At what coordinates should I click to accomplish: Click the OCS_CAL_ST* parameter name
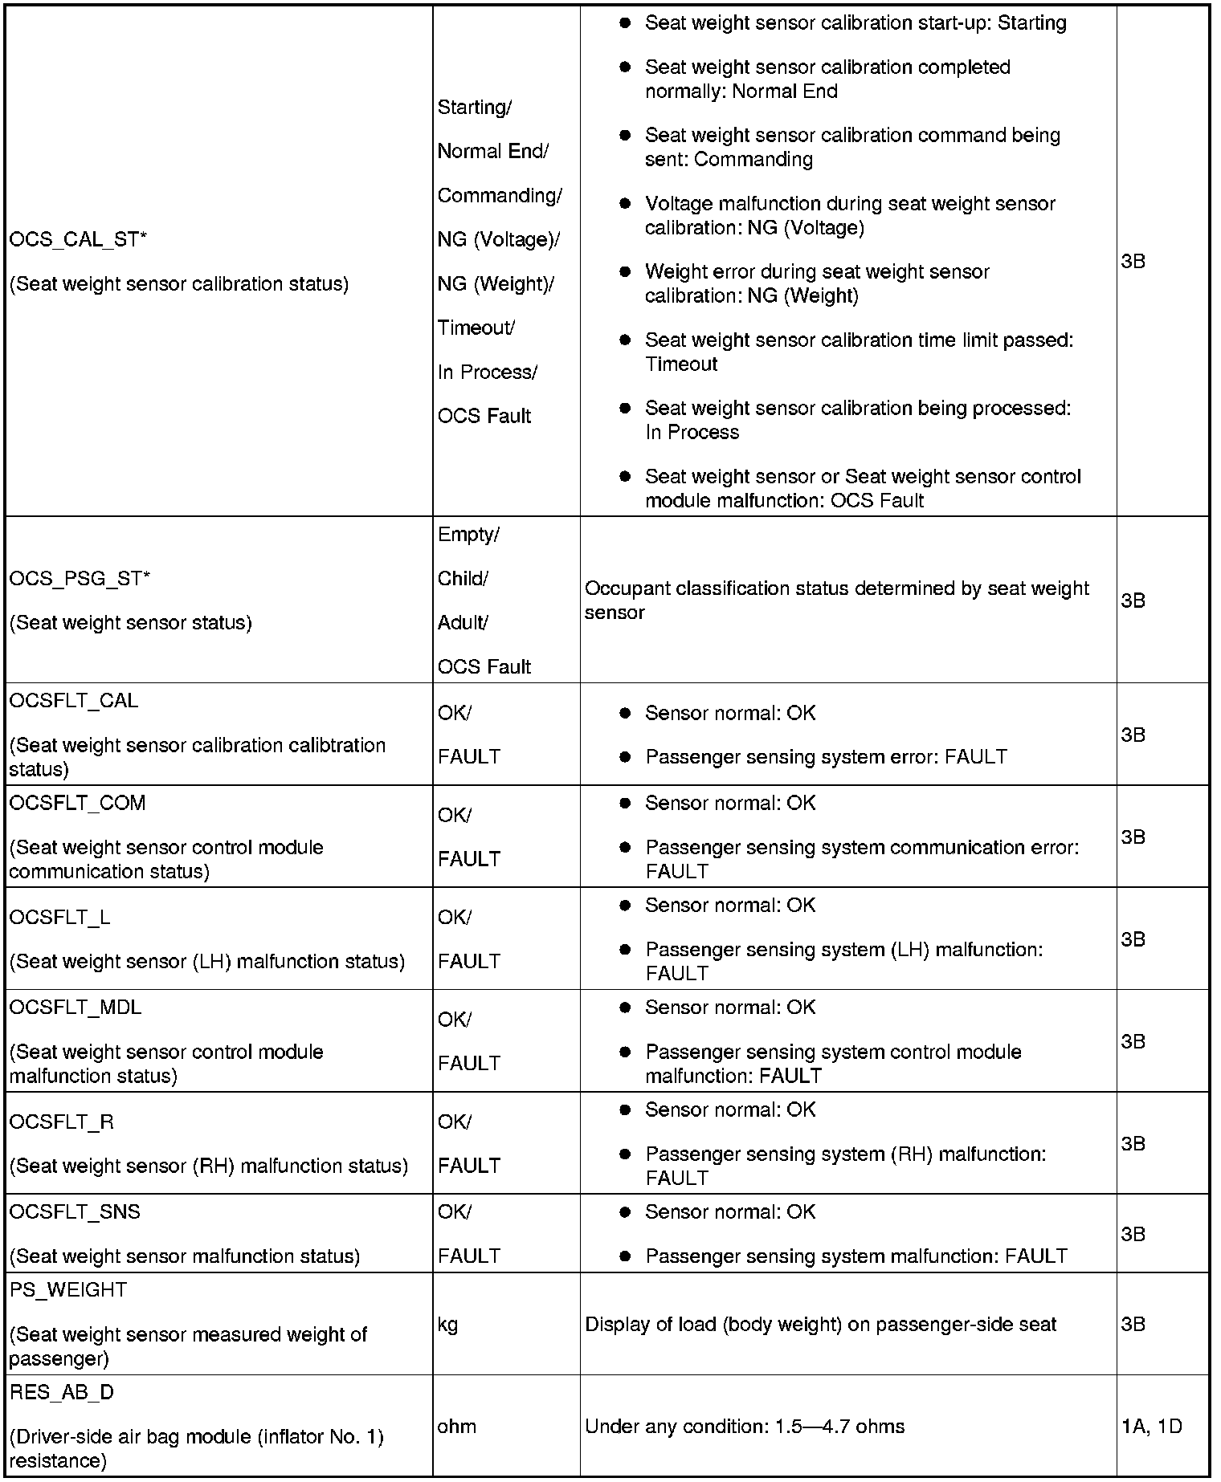pos(78,239)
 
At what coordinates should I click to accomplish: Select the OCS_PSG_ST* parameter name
pos(80,578)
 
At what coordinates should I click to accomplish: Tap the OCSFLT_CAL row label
pos(74,700)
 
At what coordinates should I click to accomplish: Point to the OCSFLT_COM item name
pos(77,803)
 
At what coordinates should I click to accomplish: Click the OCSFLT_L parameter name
pos(59,917)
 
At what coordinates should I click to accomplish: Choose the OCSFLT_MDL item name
pos(76,1007)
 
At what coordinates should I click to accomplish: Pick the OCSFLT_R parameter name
pos(62,1122)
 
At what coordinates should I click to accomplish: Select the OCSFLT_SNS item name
pos(75,1211)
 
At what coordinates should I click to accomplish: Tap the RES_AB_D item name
pos(62,1392)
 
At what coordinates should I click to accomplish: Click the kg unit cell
pos(447,1324)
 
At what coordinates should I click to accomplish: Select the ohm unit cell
pos(456,1426)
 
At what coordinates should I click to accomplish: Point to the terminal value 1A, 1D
pos(1151,1426)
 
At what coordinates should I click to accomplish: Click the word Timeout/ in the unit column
pos(476,328)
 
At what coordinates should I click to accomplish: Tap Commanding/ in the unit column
pos(500,195)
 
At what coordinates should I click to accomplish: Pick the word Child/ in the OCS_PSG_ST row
pos(462,578)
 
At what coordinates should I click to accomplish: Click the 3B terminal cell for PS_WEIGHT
pos(1133,1324)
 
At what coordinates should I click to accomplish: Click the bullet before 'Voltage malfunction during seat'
pos(624,203)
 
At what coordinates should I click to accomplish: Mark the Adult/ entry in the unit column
pos(463,622)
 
